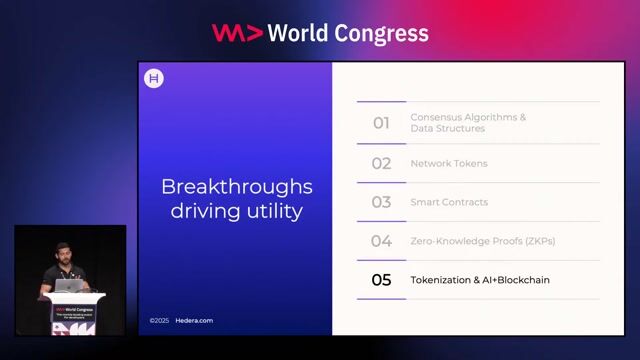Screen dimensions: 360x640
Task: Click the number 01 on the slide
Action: coord(381,123)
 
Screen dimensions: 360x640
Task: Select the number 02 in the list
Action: coord(381,163)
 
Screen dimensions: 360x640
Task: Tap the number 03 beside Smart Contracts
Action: coord(381,202)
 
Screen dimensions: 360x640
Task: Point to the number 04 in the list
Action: coord(381,241)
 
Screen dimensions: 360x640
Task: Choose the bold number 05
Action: coord(381,280)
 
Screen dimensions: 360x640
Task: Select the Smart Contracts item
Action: coord(449,202)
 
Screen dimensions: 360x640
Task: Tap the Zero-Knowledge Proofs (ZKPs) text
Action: coord(482,241)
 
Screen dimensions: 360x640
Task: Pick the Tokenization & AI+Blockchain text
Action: coord(480,280)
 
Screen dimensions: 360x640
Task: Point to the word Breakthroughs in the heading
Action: coord(237,187)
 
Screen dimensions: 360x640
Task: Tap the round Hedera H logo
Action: coord(154,79)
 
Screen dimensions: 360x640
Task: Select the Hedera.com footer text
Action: coord(196,320)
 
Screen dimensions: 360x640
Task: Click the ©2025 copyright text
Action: coord(159,320)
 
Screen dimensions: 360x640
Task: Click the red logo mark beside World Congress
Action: coord(237,33)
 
